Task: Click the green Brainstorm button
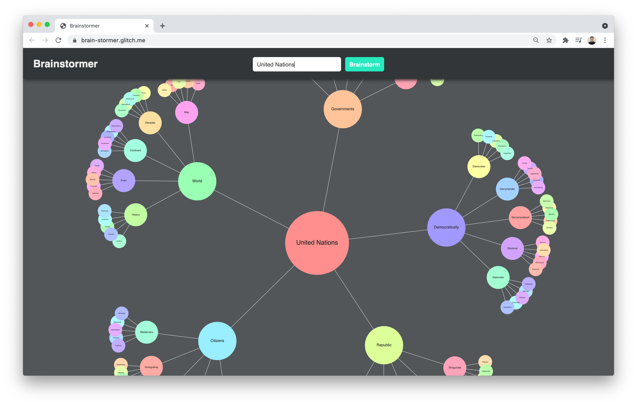pyautogui.click(x=364, y=64)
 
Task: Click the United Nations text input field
pyautogui.click(x=297, y=64)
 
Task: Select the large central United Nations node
pyautogui.click(x=317, y=243)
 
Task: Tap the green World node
pyautogui.click(x=197, y=181)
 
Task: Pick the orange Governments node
pyautogui.click(x=343, y=109)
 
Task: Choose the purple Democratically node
pyautogui.click(x=446, y=227)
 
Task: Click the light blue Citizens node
pyautogui.click(x=217, y=341)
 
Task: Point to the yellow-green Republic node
pyautogui.click(x=384, y=345)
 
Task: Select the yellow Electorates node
pyautogui.click(x=479, y=166)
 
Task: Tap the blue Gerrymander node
pyautogui.click(x=507, y=189)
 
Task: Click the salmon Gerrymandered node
pyautogui.click(x=520, y=217)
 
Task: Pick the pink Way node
pyautogui.click(x=187, y=112)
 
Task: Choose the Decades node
pyautogui.click(x=150, y=123)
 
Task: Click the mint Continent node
pyautogui.click(x=135, y=150)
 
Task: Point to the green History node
pyautogui.click(x=136, y=215)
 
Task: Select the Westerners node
pyautogui.click(x=146, y=332)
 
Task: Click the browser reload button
pyautogui.click(x=58, y=40)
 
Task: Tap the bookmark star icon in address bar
pyautogui.click(x=549, y=40)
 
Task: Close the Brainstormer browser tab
pyautogui.click(x=147, y=26)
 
